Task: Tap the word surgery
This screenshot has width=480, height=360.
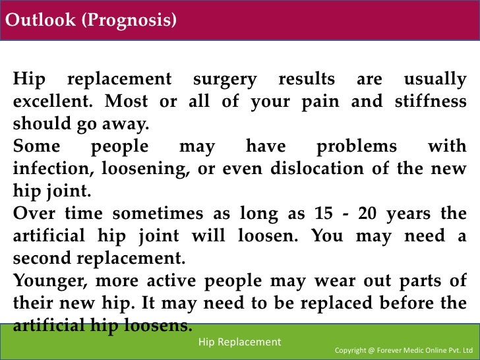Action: coord(225,80)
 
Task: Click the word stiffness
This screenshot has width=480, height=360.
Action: coord(430,102)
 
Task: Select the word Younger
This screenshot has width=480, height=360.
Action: coord(47,280)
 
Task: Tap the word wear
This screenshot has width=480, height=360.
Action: coord(320,280)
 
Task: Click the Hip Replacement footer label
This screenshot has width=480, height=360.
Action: coord(239,342)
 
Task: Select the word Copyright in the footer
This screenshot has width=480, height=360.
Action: coord(353,349)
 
